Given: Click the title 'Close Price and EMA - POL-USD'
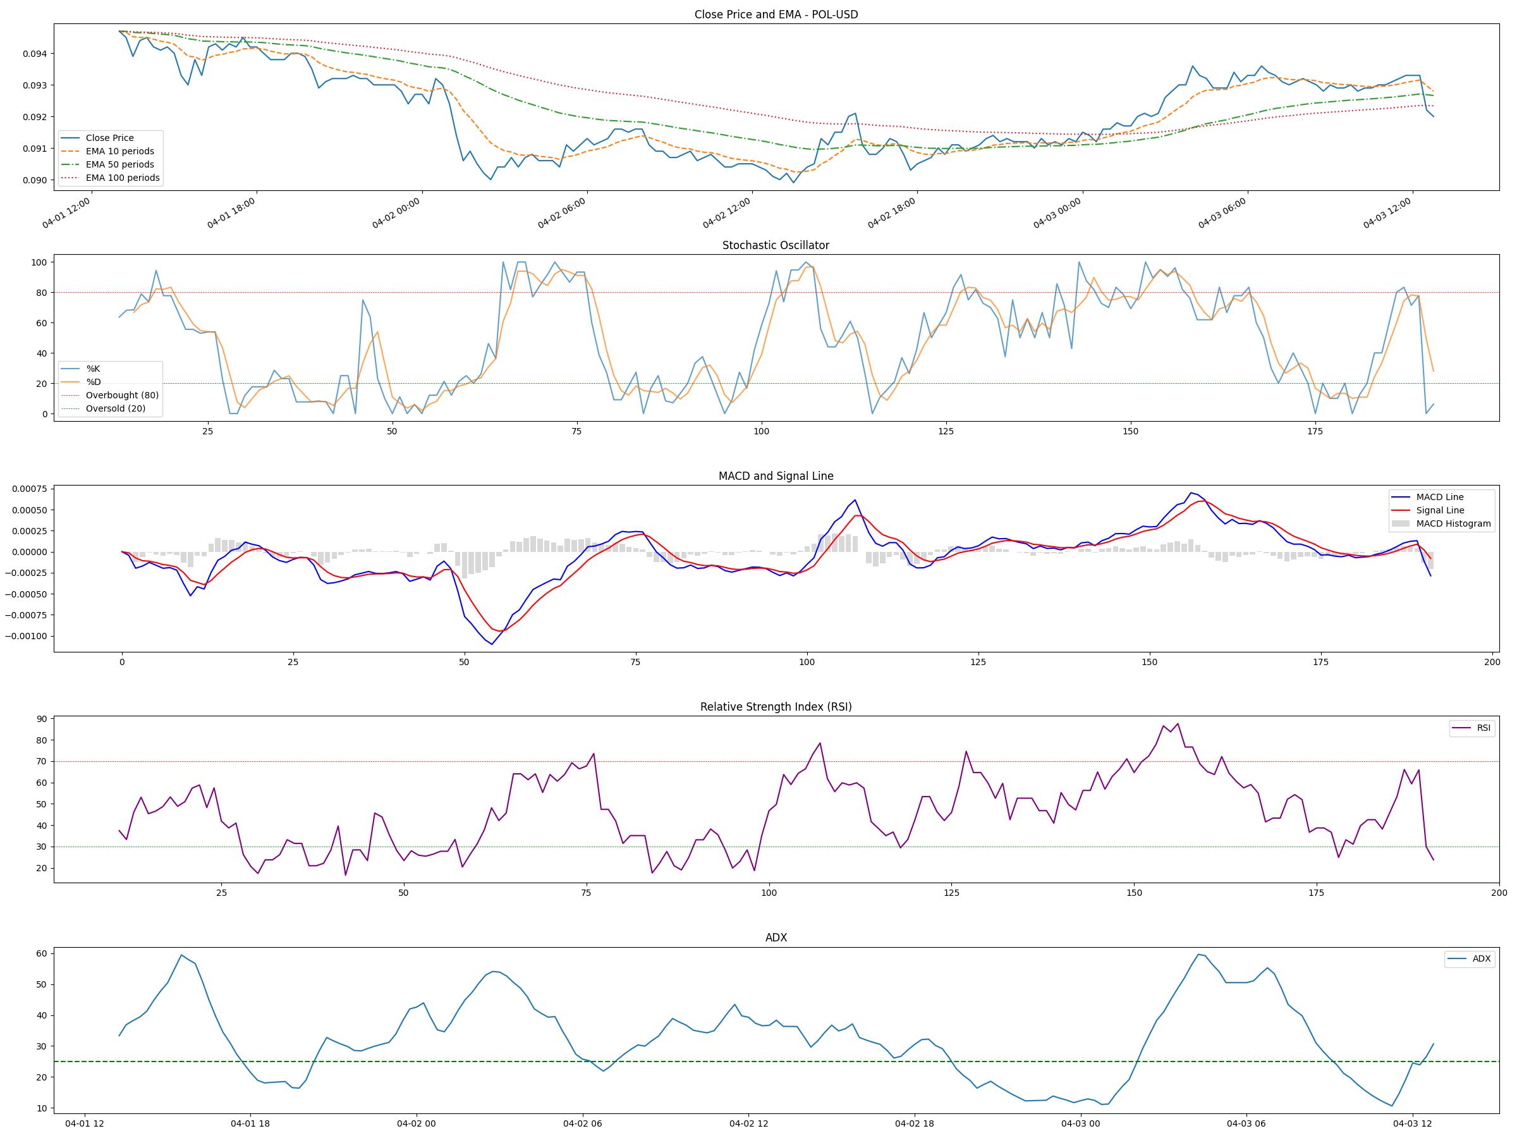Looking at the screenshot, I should point(776,15).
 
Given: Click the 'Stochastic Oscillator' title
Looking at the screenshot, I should point(776,245).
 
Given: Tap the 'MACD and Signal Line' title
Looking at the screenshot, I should point(776,476).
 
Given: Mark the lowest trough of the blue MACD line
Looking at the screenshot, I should point(492,644).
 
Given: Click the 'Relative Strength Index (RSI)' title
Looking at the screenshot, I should point(776,707).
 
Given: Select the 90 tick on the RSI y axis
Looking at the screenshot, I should point(41,719).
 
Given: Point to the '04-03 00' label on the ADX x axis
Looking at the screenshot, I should point(1080,1123).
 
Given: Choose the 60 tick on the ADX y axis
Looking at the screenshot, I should point(41,953).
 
